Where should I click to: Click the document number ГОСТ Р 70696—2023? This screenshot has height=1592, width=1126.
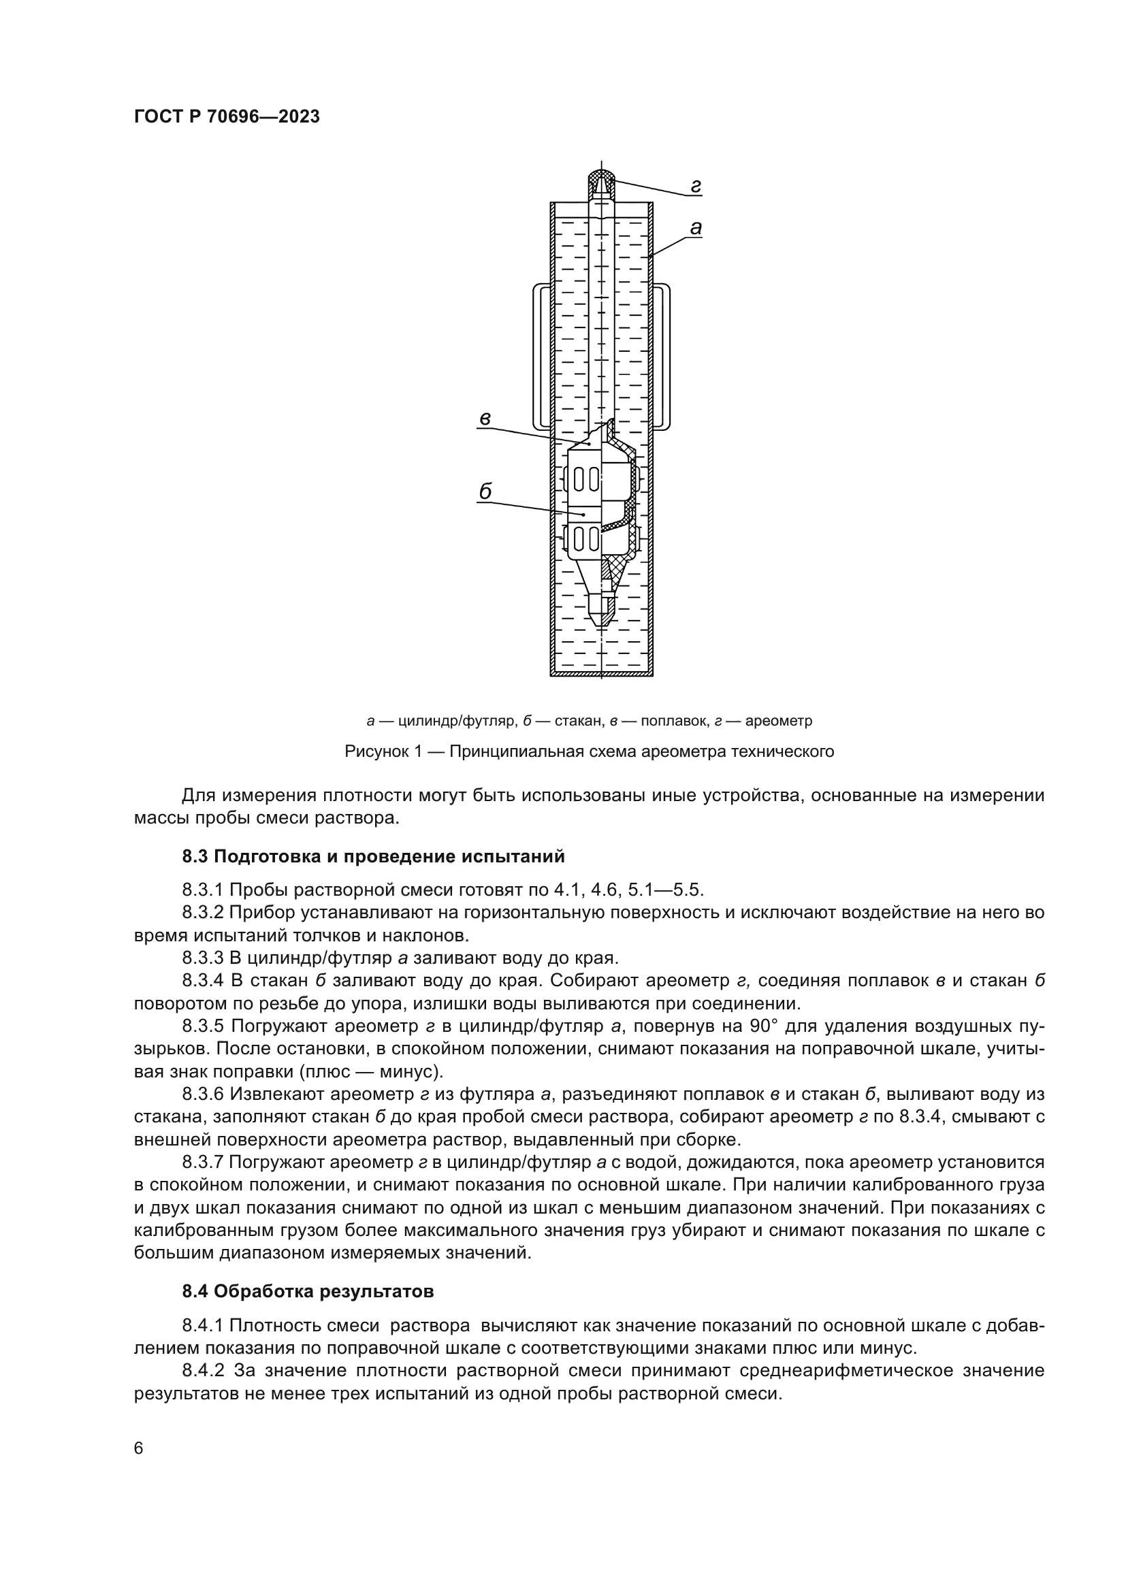(x=227, y=116)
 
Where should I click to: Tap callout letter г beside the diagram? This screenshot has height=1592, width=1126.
(x=696, y=185)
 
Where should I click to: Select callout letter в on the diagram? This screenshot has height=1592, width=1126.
(x=485, y=418)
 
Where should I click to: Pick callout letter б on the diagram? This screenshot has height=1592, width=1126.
(x=485, y=491)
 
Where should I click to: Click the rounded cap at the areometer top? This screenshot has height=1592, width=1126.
(x=602, y=183)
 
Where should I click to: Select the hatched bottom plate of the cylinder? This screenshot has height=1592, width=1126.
(x=602, y=672)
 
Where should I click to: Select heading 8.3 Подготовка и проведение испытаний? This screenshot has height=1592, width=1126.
(x=373, y=856)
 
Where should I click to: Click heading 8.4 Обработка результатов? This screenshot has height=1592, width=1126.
(x=308, y=1292)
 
